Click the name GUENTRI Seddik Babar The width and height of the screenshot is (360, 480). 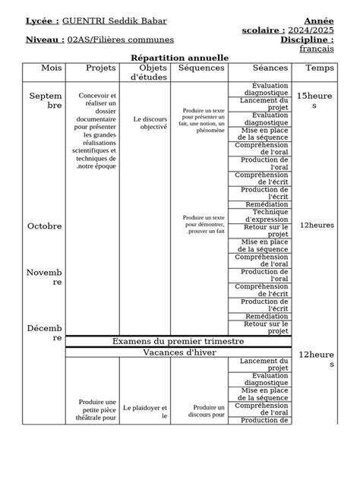[x=115, y=21]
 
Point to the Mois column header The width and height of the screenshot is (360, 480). [x=52, y=68]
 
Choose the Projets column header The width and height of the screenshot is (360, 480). [x=101, y=68]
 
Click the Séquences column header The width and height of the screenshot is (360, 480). [x=201, y=68]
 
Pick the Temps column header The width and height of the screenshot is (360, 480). [x=319, y=68]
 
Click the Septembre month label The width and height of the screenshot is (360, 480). [x=46, y=101]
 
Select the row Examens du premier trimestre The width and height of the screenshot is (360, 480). [x=178, y=342]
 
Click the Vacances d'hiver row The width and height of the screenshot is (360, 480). [x=180, y=353]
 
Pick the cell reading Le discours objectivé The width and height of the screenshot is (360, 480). [x=149, y=123]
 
